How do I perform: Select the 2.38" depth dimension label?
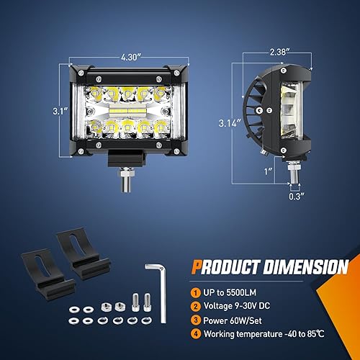tap(277, 52)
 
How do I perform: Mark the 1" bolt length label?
tap(267, 171)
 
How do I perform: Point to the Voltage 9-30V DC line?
tap(243, 307)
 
